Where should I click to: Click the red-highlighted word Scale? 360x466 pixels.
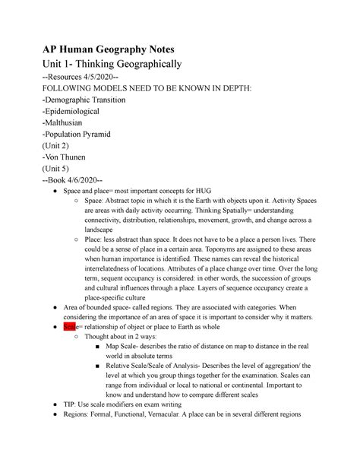tap(71, 325)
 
